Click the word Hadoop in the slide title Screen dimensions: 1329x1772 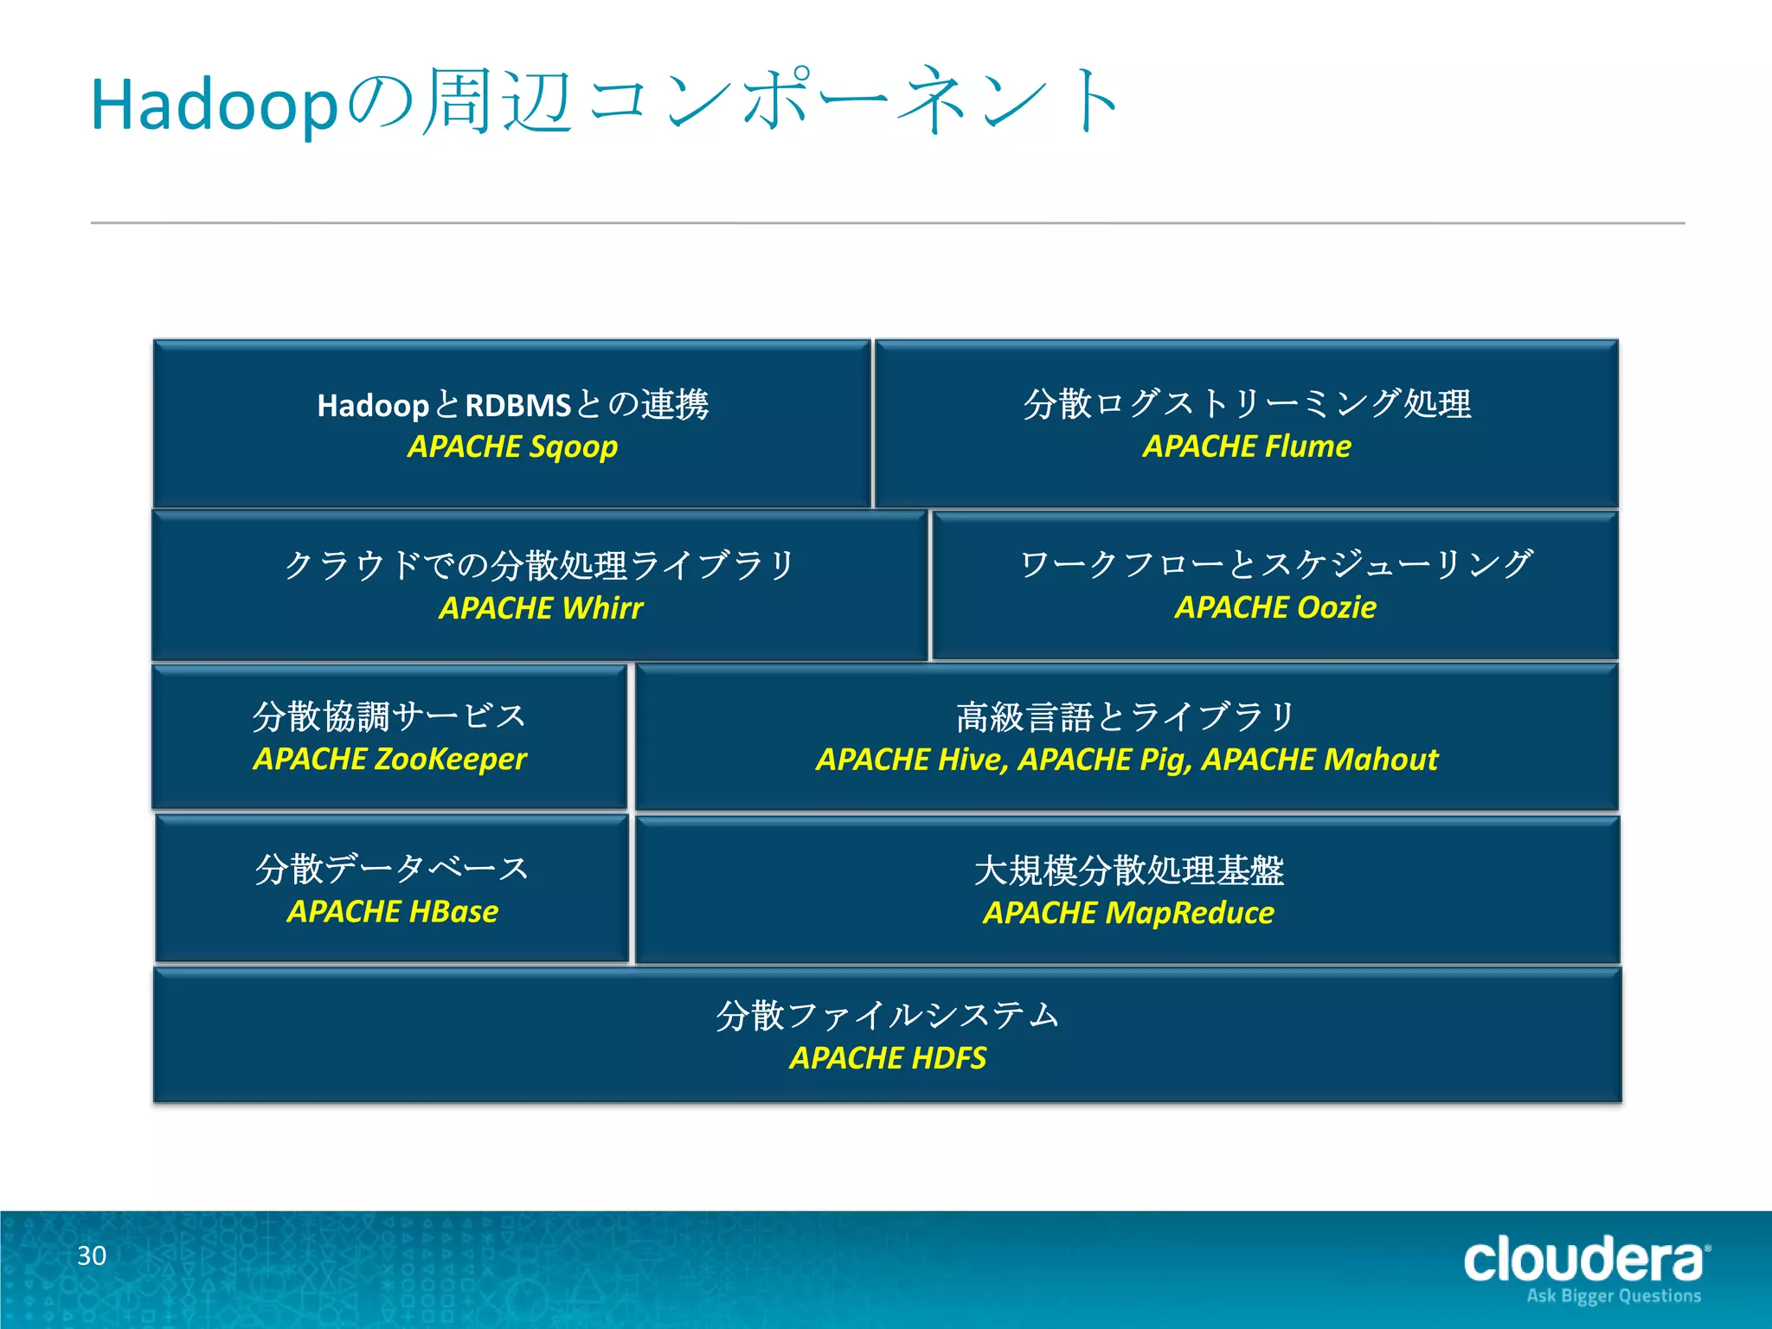(213, 106)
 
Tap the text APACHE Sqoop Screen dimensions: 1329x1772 (512, 446)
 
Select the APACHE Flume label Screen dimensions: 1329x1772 (1246, 446)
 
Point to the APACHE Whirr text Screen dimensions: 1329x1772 (541, 607)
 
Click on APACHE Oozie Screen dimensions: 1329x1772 (1274, 607)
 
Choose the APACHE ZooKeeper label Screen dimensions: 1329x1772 (389, 759)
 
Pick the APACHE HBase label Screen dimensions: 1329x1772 (393, 911)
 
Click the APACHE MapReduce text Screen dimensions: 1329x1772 (1128, 913)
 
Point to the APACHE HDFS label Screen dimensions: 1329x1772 (888, 1058)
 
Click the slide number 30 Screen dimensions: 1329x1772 (92, 1255)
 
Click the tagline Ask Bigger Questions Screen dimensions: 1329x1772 (1614, 1296)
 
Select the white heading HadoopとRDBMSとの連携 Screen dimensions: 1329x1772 (512, 404)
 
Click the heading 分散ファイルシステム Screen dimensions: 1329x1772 (888, 1015)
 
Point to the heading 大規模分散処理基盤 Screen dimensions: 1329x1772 (1128, 870)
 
